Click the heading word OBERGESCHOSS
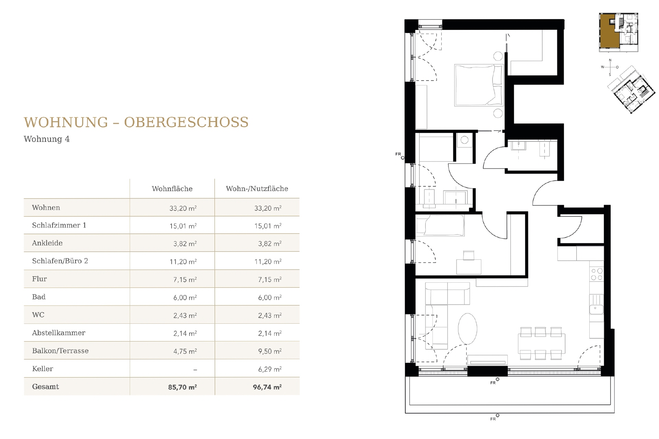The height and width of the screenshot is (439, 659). tap(186, 122)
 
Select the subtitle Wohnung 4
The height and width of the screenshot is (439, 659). tap(47, 139)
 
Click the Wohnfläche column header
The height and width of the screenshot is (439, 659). tap(172, 189)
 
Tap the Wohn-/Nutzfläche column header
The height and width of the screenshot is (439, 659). tap(257, 189)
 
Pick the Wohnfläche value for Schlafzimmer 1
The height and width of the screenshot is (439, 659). tap(183, 226)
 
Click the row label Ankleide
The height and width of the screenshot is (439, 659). tap(47, 243)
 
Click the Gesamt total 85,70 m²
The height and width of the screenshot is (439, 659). tap(182, 387)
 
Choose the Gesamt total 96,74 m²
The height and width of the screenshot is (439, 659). tap(267, 387)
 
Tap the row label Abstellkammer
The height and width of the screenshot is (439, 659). tap(59, 333)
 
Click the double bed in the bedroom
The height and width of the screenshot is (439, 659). tap(478, 85)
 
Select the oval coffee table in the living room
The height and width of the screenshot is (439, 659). tap(467, 329)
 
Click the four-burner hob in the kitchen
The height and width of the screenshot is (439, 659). tap(597, 274)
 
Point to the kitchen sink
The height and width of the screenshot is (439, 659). tap(596, 309)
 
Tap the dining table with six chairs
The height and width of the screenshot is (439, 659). tap(541, 343)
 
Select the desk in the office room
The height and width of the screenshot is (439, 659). tap(469, 266)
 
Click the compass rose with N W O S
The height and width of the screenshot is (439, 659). tap(610, 67)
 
